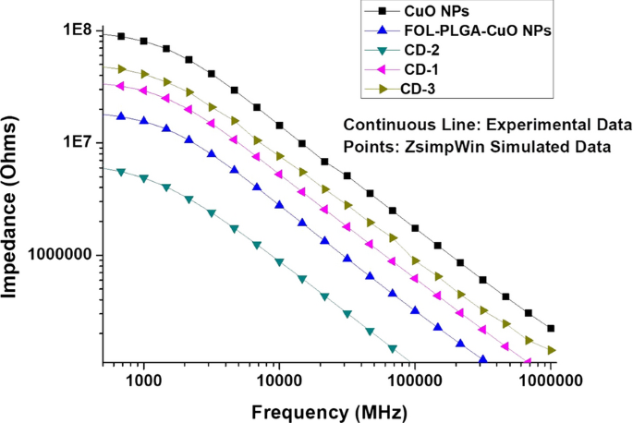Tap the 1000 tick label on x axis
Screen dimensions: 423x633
point(143,379)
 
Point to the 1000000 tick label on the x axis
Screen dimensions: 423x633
point(551,379)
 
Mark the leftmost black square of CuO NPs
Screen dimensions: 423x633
point(121,36)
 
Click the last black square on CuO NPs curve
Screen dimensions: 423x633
point(551,328)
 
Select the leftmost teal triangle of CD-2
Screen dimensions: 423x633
point(121,171)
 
